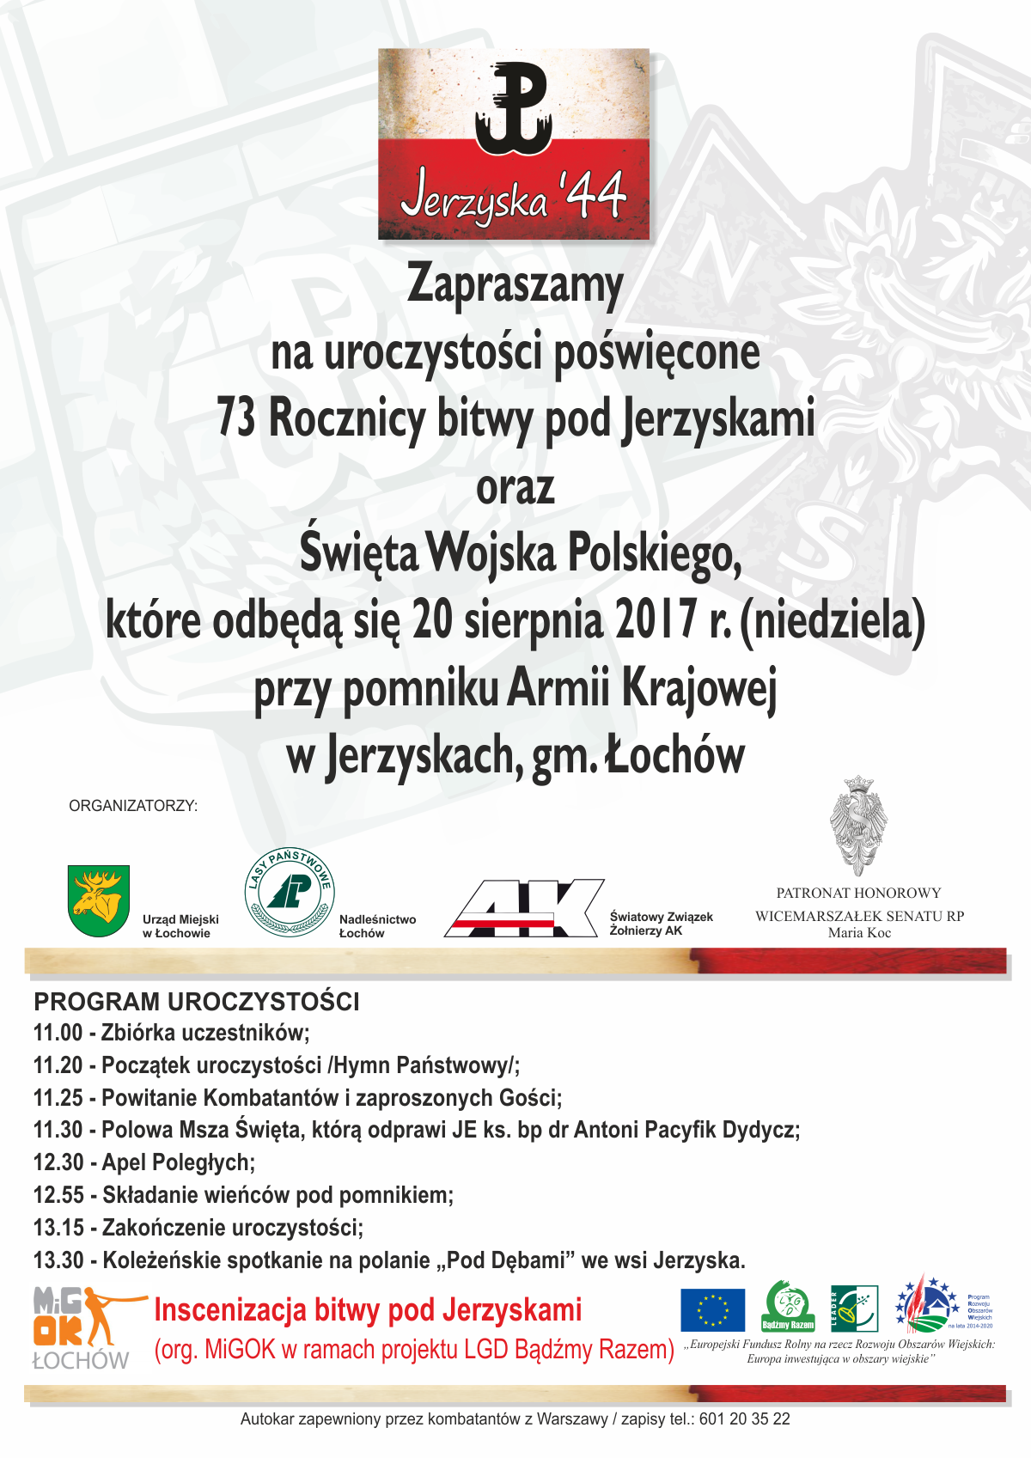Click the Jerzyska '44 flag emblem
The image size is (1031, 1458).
[514, 143]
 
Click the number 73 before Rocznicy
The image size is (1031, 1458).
[236, 418]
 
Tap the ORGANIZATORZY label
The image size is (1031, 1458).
[133, 806]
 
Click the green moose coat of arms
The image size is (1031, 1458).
[99, 900]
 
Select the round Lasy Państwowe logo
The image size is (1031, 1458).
[289, 893]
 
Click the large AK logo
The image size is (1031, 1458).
[524, 908]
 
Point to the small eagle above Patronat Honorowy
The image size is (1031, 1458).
[858, 826]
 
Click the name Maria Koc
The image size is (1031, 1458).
[859, 933]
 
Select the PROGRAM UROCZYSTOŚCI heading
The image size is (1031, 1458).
[197, 1002]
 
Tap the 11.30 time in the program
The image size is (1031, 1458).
[58, 1130]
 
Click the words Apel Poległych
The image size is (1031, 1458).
[179, 1162]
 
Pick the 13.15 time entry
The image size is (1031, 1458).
[58, 1228]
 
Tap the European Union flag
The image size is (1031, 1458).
[712, 1310]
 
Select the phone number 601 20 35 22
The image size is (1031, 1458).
[745, 1419]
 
